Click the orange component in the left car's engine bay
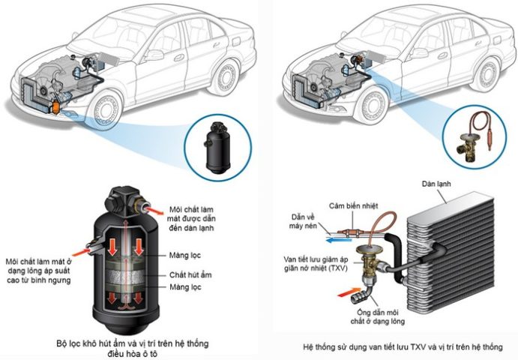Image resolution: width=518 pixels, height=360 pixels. point(55,109)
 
